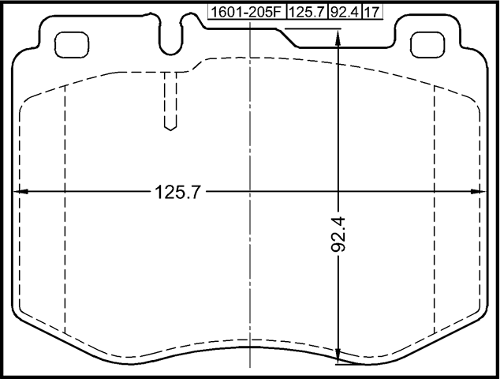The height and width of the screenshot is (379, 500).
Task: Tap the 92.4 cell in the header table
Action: click(344, 13)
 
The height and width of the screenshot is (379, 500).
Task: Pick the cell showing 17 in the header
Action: click(371, 13)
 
